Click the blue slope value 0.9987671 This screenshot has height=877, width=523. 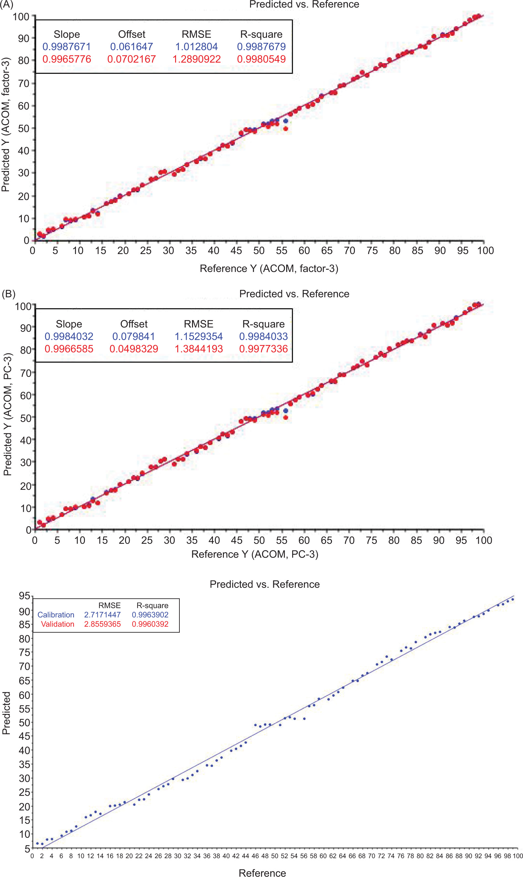pyautogui.click(x=67, y=46)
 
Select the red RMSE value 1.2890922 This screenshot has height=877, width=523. pyautogui.click(x=196, y=59)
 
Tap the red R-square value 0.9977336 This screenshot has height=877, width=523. pyautogui.click(x=263, y=349)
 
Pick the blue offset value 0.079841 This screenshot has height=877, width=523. pyautogui.click(x=134, y=336)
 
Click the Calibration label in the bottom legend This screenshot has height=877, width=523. pyautogui.click(x=56, y=615)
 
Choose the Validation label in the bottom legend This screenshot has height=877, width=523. pyautogui.click(x=57, y=624)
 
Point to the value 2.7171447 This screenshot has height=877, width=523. pyautogui.click(x=102, y=615)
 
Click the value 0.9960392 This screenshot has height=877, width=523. pyautogui.click(x=150, y=624)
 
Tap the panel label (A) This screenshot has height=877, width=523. pyautogui.click(x=7, y=5)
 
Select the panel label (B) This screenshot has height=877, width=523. pyautogui.click(x=9, y=294)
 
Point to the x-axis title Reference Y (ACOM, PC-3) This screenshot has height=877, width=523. pyautogui.click(x=255, y=554)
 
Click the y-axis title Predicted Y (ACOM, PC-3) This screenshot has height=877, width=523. pyautogui.click(x=7, y=414)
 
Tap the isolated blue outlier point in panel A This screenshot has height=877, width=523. pyautogui.click(x=286, y=121)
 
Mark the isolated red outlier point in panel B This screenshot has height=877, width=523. pyautogui.click(x=286, y=418)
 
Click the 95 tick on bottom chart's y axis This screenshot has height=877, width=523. pyautogui.click(x=24, y=596)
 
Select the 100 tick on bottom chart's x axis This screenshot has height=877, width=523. pyautogui.click(x=518, y=856)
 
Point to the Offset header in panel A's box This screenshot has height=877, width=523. pyautogui.click(x=131, y=34)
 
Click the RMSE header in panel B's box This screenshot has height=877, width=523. pyautogui.click(x=198, y=324)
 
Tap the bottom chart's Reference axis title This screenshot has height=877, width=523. pyautogui.click(x=262, y=873)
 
